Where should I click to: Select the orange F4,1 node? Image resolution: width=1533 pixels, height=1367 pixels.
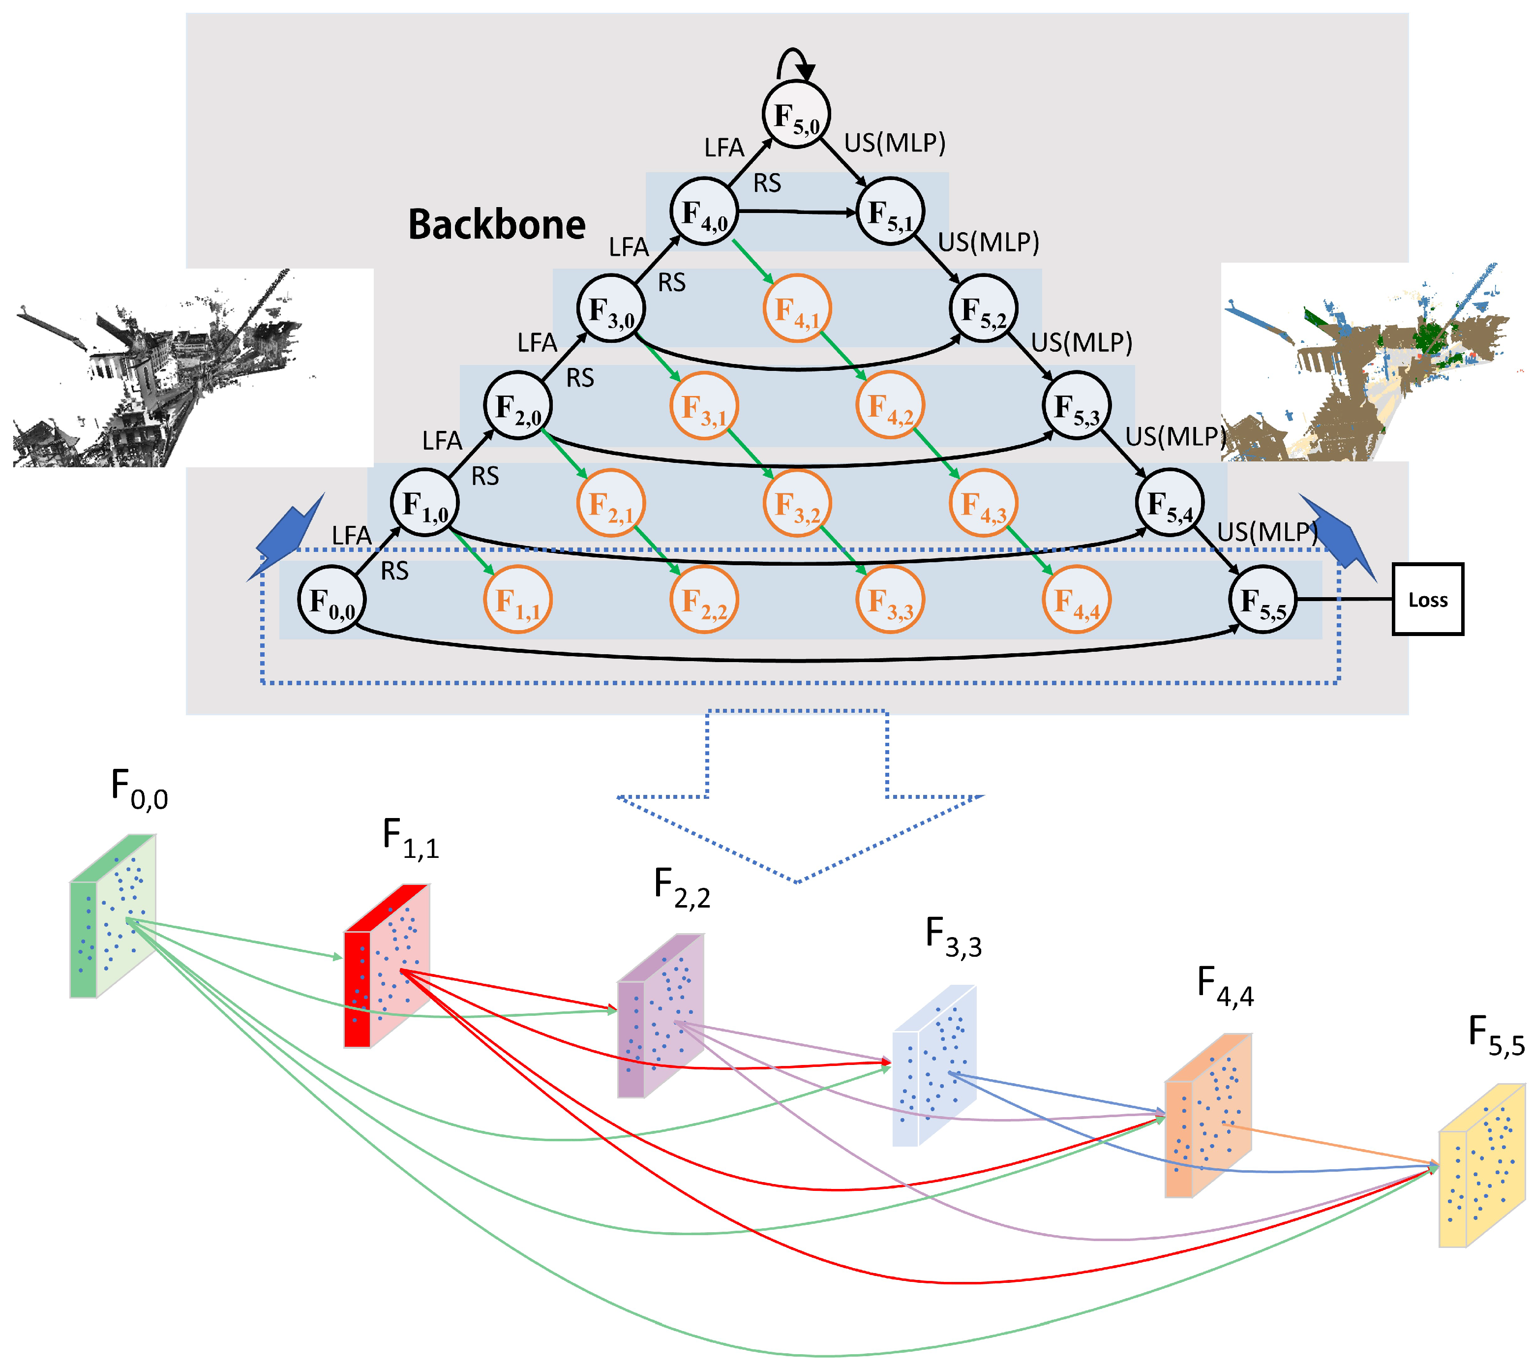[796, 309]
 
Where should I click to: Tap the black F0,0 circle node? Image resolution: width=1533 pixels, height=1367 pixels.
[331, 599]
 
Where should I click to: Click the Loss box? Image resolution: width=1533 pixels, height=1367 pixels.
[1427, 599]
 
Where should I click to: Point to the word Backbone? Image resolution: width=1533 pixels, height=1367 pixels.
[496, 224]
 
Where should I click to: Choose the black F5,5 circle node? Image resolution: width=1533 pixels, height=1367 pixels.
[1262, 599]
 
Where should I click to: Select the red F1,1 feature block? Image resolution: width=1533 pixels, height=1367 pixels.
[387, 966]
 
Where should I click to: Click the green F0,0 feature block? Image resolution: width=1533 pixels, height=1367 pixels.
[113, 916]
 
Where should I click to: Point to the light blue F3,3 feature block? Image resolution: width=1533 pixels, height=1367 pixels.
[933, 1066]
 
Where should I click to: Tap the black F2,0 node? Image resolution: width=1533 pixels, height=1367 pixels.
[517, 406]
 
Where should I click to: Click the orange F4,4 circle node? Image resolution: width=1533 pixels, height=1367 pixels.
[1076, 599]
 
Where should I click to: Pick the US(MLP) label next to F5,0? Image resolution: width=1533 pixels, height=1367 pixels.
[894, 142]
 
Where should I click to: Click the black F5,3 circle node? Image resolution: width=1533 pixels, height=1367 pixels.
[1076, 406]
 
